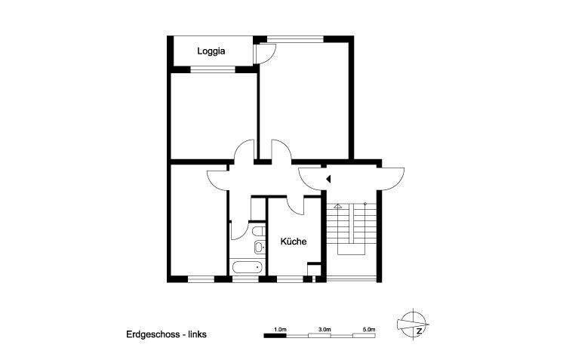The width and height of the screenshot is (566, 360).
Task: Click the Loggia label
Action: (x=212, y=51)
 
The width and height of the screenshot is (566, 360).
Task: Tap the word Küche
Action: (x=293, y=242)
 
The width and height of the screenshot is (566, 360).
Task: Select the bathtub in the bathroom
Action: (x=247, y=267)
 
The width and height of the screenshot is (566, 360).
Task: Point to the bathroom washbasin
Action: (x=258, y=248)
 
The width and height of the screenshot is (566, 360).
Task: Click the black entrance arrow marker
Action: (x=328, y=179)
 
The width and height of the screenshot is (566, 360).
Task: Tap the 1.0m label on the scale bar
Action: (x=279, y=330)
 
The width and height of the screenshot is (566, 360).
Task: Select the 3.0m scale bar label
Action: (x=324, y=330)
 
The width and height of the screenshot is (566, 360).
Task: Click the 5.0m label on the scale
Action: (x=369, y=330)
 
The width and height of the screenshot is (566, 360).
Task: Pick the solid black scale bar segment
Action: (x=275, y=335)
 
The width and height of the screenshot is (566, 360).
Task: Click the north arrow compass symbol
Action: (x=414, y=325)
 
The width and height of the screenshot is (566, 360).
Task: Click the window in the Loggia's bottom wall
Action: (x=214, y=70)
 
